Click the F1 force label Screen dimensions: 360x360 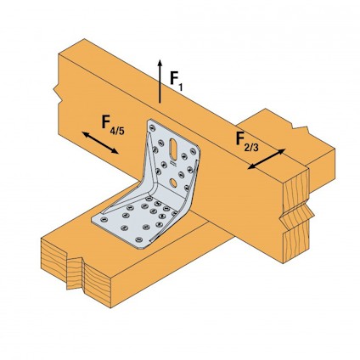tap(176, 81)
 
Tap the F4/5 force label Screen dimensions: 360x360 tap(113, 125)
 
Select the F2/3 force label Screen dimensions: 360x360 tap(247, 142)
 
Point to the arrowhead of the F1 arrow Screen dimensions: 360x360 tap(160, 64)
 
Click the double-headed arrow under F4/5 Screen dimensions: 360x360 tap(100, 143)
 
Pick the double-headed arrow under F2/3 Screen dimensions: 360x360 tap(267, 159)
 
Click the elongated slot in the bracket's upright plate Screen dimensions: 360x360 tap(173, 149)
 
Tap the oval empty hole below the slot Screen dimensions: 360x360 tap(174, 183)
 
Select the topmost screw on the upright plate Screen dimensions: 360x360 tap(153, 127)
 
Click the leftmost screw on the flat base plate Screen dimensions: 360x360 tap(104, 219)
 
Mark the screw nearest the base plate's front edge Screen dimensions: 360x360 tap(138, 239)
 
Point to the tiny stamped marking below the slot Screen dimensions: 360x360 tap(173, 163)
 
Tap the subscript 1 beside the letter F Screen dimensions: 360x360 tap(180, 87)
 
